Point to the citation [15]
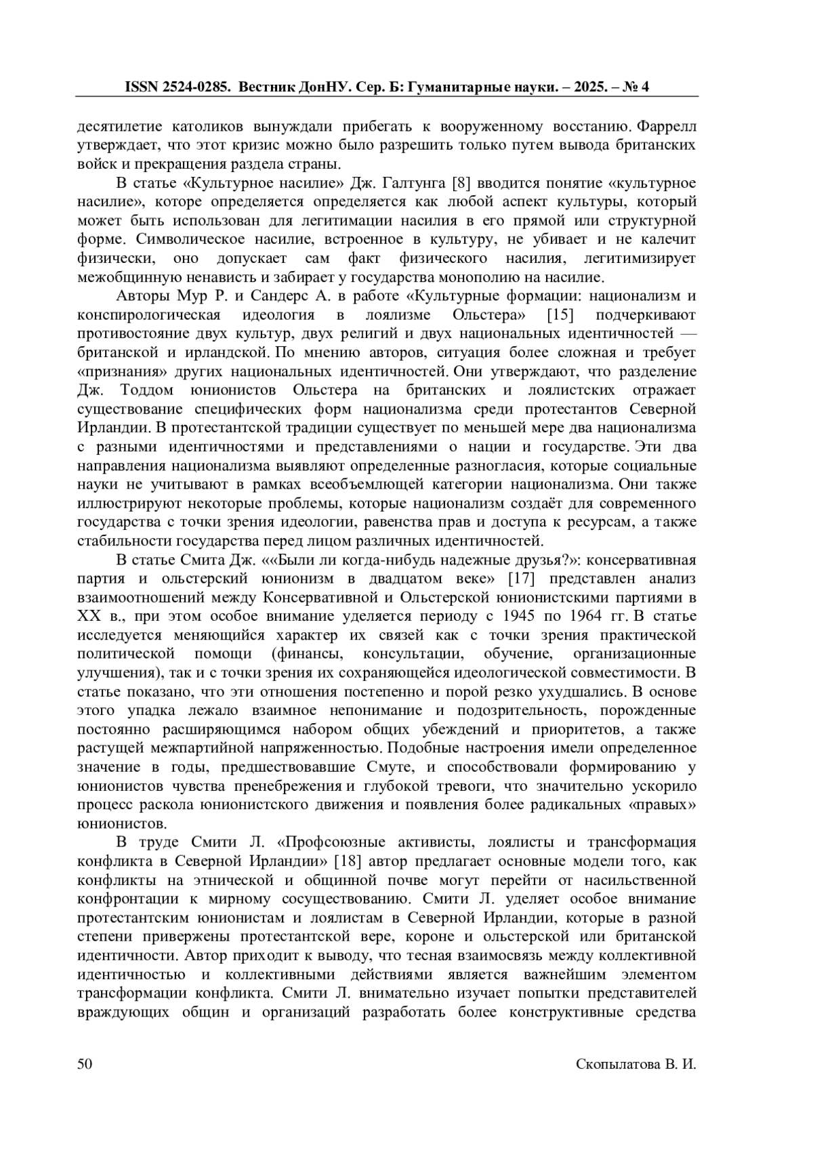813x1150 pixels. [x=560, y=315]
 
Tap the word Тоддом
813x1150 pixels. [x=146, y=390]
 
